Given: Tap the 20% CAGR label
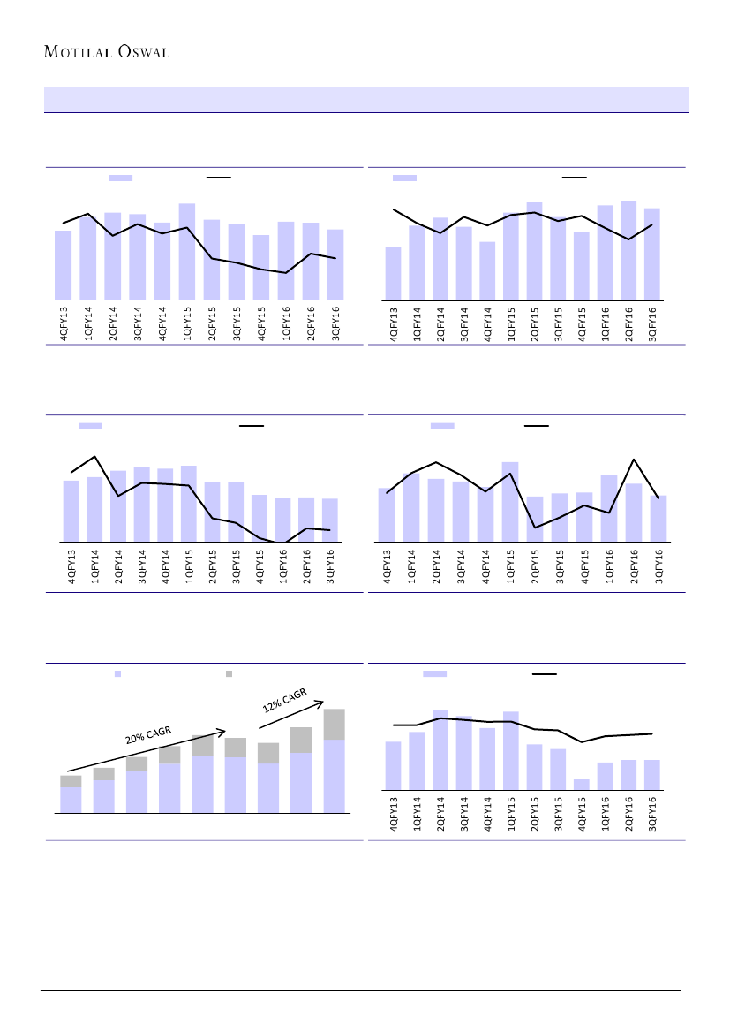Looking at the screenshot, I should (147, 735).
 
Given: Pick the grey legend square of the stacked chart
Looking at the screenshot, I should (229, 673).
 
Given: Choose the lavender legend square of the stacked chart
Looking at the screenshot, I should (117, 673).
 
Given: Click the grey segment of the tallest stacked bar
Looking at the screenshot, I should (334, 724).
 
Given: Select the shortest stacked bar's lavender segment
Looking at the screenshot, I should (71, 800).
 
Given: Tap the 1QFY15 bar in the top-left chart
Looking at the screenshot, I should (186, 251).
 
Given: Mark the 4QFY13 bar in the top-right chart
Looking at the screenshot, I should (393, 273).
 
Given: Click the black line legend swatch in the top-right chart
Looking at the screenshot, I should (574, 178).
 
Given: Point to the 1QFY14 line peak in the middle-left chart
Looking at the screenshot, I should (94, 457).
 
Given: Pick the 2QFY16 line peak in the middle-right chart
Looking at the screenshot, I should (634, 460).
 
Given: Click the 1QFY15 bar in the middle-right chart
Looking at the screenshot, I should (510, 501).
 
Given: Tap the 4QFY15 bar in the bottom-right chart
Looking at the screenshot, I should (581, 784).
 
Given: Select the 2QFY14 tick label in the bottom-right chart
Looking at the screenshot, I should (440, 814).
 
